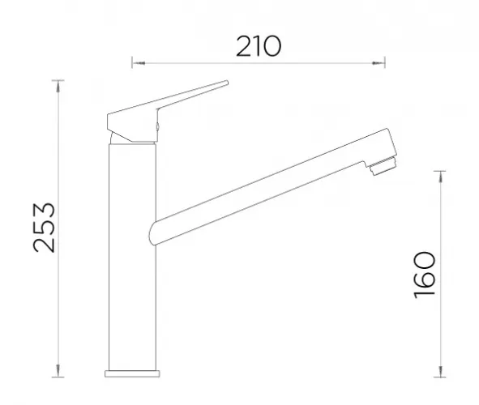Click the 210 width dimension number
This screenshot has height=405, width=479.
259,46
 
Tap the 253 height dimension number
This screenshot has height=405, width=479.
45,228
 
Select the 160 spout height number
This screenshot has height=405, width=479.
425,275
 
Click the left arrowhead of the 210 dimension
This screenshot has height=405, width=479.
139,63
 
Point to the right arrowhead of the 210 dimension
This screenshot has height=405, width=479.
378,63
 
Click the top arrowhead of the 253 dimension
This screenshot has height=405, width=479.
58,87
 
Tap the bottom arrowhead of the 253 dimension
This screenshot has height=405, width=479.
58,370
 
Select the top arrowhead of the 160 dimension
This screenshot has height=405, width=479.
440,177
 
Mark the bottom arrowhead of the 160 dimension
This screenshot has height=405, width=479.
440,371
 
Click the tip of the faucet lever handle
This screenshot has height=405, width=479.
227,83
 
